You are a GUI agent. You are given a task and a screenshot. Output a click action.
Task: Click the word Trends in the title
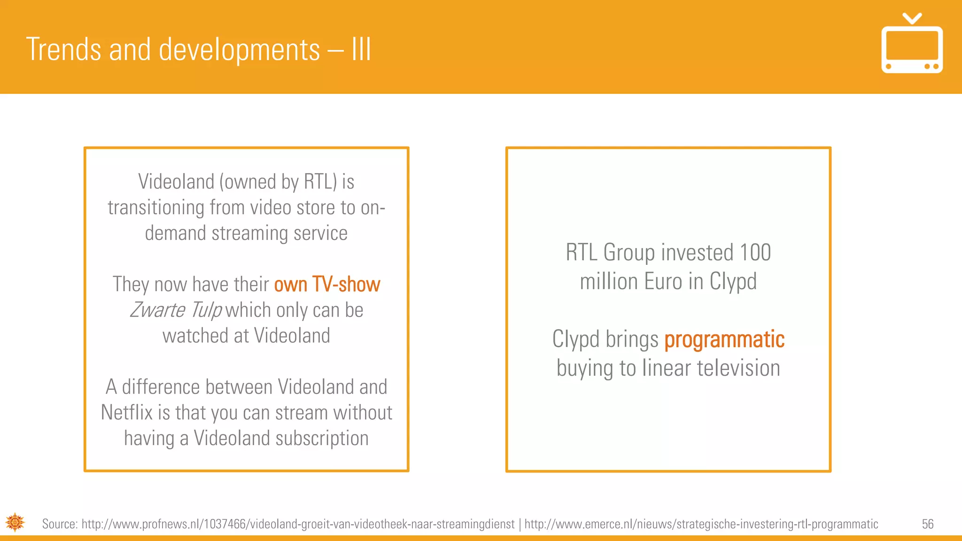[63, 50]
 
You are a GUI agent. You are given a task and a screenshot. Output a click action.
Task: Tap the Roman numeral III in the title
[361, 50]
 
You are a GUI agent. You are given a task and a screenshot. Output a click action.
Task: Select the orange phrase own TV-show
[327, 285]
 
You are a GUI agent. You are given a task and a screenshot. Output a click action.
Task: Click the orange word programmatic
[724, 340]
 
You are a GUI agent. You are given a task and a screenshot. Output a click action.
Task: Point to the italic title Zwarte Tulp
[176, 310]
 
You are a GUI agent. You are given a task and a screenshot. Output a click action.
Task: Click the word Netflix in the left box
[127, 413]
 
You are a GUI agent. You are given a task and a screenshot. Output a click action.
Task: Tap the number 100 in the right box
[755, 253]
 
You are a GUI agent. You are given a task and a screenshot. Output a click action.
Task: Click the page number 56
[927, 524]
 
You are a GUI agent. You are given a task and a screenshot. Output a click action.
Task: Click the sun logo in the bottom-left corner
[15, 522]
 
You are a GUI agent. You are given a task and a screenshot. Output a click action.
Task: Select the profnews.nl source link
[298, 524]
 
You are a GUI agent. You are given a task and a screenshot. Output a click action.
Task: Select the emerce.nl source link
[701, 524]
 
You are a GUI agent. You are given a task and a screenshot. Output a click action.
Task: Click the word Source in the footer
[59, 524]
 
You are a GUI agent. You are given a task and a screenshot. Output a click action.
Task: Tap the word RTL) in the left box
[320, 182]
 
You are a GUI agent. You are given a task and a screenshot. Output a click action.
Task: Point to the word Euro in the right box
[663, 282]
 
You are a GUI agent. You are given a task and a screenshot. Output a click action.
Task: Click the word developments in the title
[239, 50]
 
